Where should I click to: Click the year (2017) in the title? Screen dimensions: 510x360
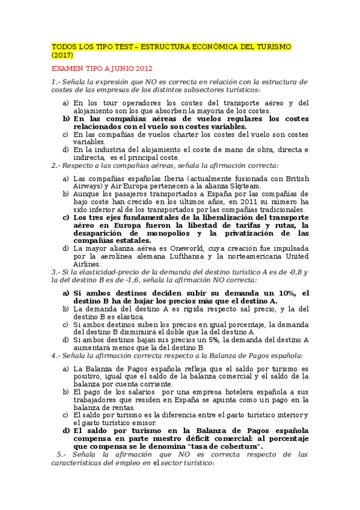coord(63,55)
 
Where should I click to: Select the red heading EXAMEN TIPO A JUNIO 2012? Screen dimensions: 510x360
coord(102,68)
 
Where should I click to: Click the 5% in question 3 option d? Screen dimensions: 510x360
coord(194,339)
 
